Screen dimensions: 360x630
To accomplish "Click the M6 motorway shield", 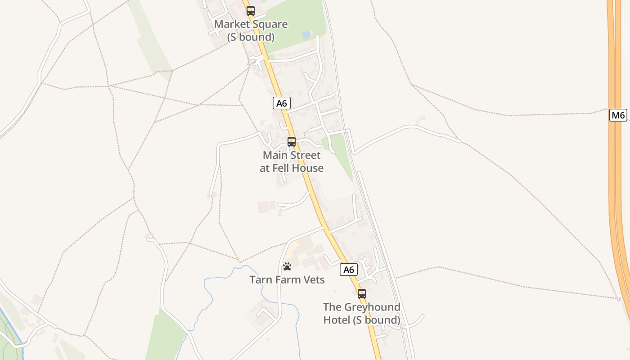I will click(618, 115).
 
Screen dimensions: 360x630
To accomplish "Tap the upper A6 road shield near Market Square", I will click(281, 103).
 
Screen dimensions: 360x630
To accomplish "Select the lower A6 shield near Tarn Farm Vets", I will click(348, 270).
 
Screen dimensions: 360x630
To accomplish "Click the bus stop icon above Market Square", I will click(251, 11).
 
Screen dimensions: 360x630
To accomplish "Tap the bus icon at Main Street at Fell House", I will click(292, 142).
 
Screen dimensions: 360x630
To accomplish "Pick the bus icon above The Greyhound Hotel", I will click(361, 294).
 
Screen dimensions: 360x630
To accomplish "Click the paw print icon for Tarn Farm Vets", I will click(287, 266).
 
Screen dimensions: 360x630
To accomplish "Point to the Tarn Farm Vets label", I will click(287, 280).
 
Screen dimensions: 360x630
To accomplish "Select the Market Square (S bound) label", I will click(251, 31).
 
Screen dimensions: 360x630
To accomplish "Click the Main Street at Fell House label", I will click(292, 162).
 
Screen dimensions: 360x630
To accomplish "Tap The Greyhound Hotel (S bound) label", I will click(361, 314).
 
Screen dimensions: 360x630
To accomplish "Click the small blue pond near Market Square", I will click(307, 34).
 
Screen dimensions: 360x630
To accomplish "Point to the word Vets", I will click(314, 280).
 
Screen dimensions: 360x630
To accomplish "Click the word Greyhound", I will click(372, 307).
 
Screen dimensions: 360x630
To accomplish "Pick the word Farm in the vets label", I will click(288, 280).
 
